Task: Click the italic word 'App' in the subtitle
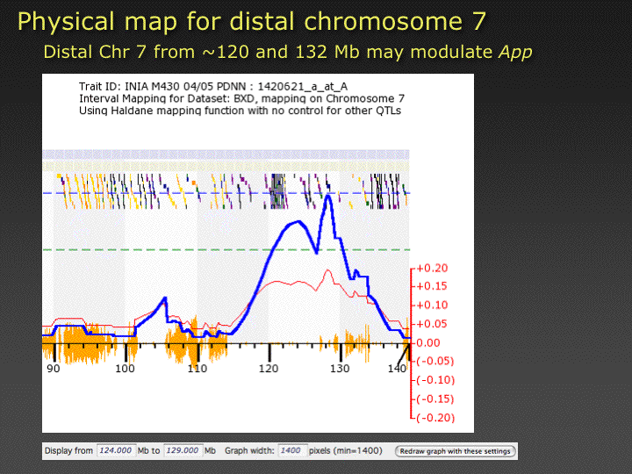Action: [x=515, y=52]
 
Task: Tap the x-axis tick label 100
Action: [x=126, y=369]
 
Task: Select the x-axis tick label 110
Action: [x=197, y=369]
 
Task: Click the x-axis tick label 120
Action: [x=269, y=369]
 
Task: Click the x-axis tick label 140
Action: [x=397, y=369]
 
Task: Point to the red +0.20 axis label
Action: [x=432, y=269]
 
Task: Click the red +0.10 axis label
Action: [x=432, y=305]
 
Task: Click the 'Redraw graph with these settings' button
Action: [x=456, y=451]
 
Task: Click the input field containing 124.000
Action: [x=115, y=451]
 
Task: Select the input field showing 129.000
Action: [x=183, y=451]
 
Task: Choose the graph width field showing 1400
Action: [x=291, y=451]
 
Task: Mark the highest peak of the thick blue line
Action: [x=328, y=197]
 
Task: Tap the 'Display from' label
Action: [x=68, y=451]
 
